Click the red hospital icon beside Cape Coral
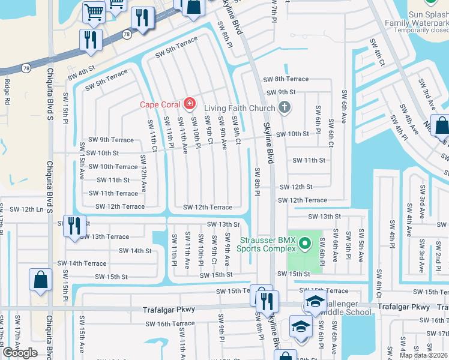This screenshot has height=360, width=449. [190, 104]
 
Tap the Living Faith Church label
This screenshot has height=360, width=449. [239, 108]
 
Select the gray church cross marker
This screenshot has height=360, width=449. [285, 108]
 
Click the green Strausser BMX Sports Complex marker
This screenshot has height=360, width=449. [305, 243]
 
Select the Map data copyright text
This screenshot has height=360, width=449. [424, 355]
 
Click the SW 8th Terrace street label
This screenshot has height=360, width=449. [286, 79]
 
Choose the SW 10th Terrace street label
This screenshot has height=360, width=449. [113, 167]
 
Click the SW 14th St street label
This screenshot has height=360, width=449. [135, 251]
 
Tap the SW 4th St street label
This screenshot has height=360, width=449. [82, 76]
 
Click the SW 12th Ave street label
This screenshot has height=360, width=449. [143, 173]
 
